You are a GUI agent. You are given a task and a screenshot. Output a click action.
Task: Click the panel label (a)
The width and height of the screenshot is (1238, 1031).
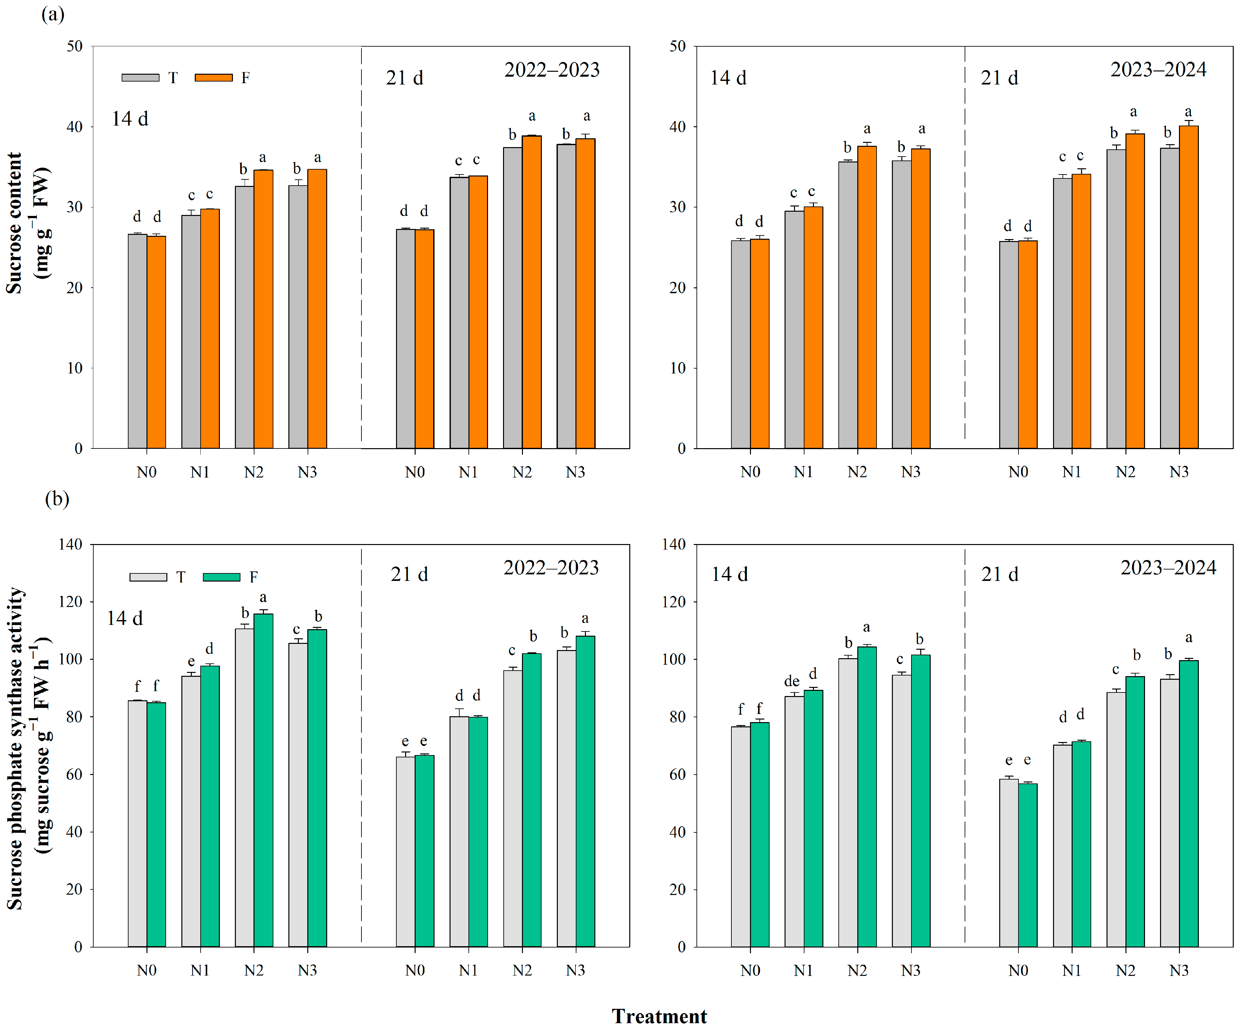(x=53, y=14)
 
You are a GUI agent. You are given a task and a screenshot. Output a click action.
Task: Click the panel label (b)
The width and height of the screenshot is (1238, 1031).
(x=57, y=499)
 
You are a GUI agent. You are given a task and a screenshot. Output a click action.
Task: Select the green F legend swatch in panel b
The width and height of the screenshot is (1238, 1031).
(x=221, y=577)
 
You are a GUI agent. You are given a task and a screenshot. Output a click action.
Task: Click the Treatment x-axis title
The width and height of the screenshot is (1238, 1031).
(x=659, y=1016)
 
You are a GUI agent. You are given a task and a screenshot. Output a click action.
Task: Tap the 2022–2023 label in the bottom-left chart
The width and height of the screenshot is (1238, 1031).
(x=551, y=568)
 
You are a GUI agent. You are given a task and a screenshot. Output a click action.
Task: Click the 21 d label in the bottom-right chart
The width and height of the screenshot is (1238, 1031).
(x=999, y=574)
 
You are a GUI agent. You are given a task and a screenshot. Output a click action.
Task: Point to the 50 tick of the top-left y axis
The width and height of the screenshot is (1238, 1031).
(x=74, y=47)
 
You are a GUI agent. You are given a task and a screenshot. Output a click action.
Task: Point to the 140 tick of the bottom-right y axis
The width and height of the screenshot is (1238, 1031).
(x=674, y=544)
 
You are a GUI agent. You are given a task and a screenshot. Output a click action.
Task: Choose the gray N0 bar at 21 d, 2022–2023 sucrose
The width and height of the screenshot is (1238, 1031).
(x=405, y=339)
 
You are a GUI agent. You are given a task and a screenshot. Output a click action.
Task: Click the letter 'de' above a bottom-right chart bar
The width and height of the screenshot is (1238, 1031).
(x=792, y=681)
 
